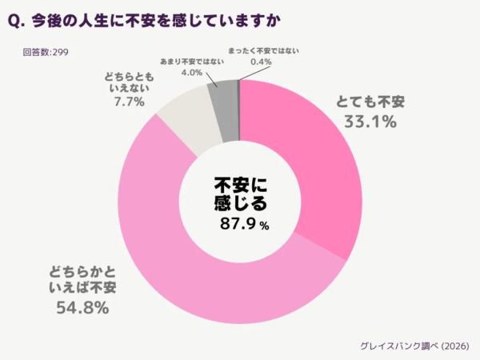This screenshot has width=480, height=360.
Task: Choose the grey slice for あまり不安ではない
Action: (x=222, y=95)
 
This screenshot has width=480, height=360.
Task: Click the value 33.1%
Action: (x=370, y=121)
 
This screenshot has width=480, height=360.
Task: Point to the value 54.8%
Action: (x=81, y=306)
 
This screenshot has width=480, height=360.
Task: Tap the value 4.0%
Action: (x=191, y=72)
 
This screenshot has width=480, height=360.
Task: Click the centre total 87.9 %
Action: (x=245, y=225)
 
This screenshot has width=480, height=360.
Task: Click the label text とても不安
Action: (x=370, y=102)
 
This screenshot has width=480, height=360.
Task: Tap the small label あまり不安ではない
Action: (x=192, y=62)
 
